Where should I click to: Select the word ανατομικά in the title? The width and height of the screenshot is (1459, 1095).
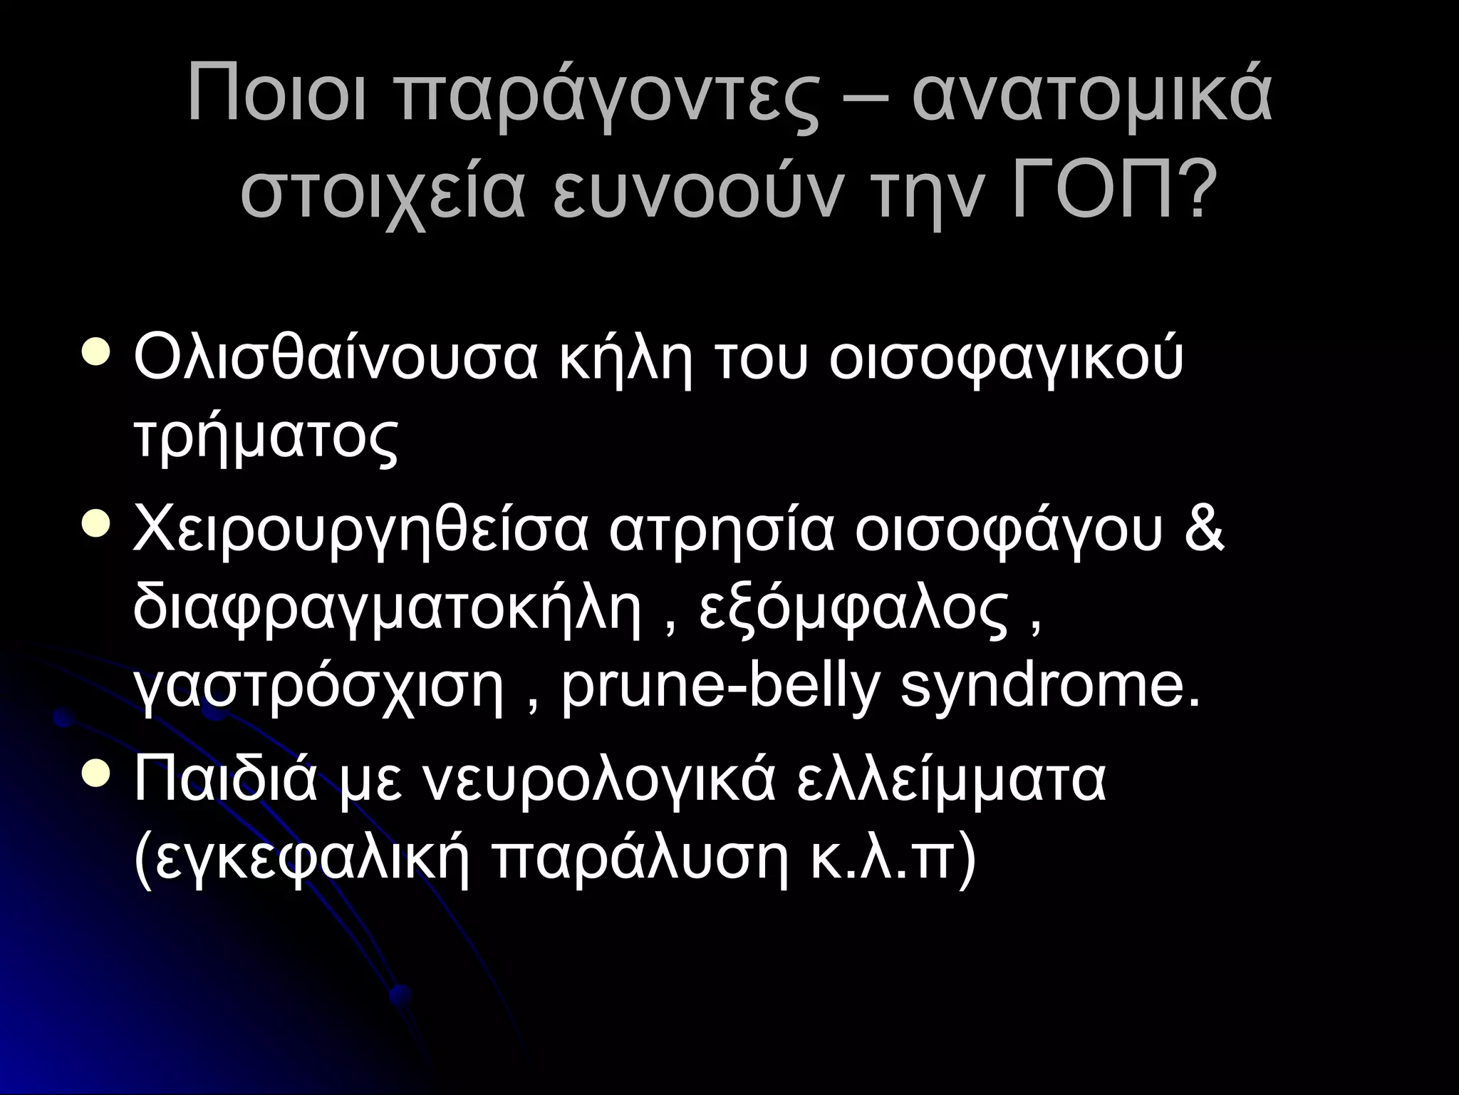coord(1091,94)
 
